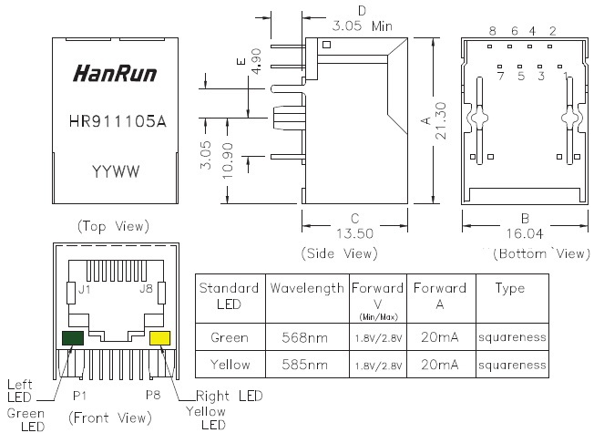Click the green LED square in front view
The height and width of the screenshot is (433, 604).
click(72, 339)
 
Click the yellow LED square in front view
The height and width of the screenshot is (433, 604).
click(159, 339)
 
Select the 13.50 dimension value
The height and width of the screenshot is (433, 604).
click(355, 233)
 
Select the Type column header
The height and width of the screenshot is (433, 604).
click(509, 288)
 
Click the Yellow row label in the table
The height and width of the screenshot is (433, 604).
click(230, 365)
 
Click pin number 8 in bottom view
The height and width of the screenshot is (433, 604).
click(491, 31)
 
